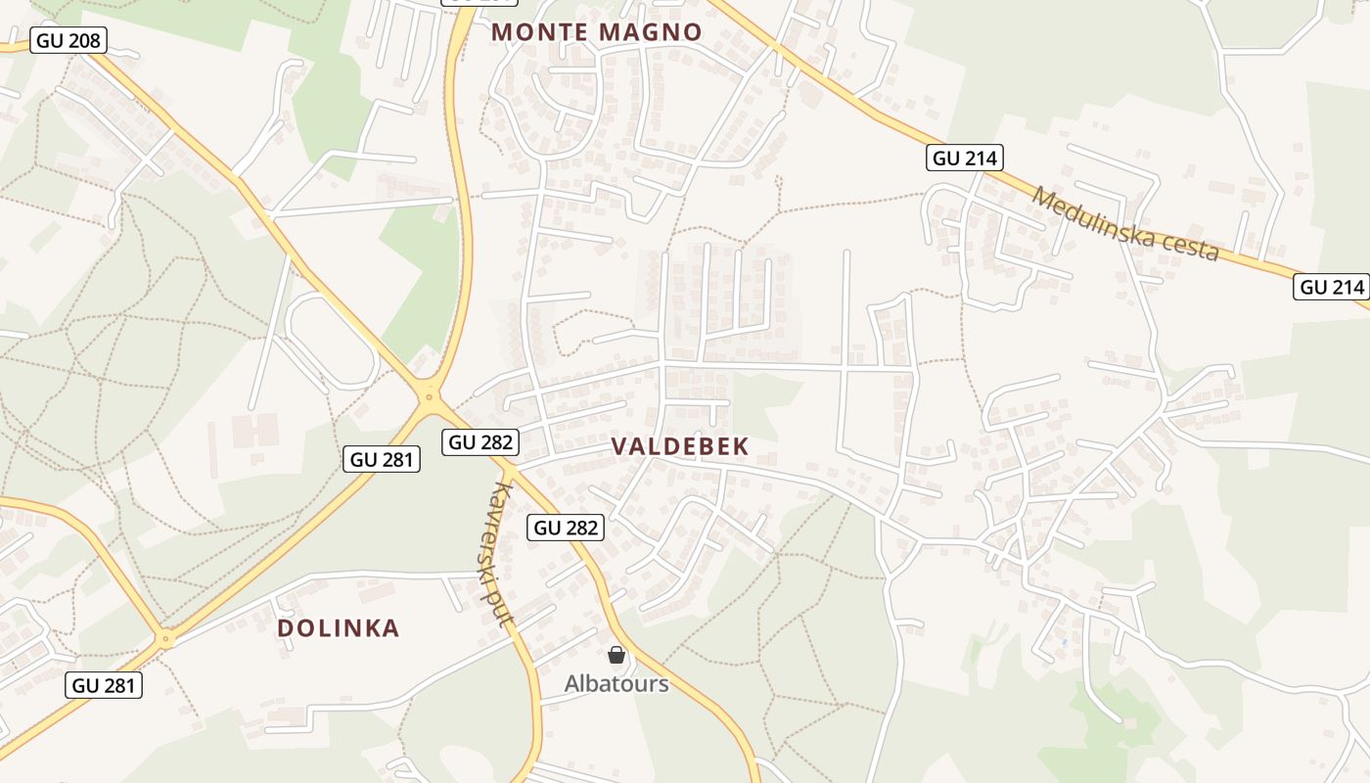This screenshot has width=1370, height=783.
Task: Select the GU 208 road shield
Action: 69,41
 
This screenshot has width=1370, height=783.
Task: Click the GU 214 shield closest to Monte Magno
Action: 965,158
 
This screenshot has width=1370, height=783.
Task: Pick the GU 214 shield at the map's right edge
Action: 1331,287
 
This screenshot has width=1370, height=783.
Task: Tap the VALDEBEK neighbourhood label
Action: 680,446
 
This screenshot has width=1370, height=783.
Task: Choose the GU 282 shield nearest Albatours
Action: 566,528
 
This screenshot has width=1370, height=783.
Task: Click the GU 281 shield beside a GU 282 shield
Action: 382,458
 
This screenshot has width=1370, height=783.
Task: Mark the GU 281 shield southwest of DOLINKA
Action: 105,685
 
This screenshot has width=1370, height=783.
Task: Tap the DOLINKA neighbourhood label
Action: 339,628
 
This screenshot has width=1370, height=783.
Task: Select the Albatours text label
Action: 616,683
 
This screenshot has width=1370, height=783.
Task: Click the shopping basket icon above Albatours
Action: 616,655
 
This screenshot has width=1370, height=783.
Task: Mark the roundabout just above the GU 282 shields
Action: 429,395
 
